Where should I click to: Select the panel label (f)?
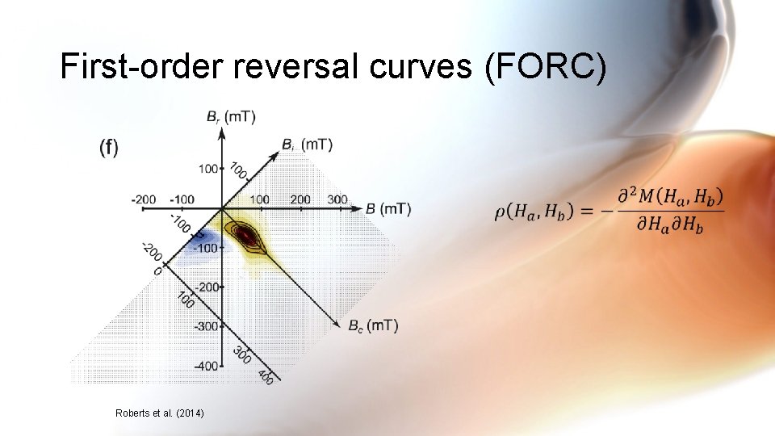click(108, 147)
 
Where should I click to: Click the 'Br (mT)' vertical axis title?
click(231, 117)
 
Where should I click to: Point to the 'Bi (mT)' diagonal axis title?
click(307, 145)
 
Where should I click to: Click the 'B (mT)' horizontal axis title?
click(387, 209)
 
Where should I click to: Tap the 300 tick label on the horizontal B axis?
click(337, 199)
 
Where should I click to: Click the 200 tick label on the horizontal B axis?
click(300, 199)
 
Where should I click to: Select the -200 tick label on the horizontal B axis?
click(146, 199)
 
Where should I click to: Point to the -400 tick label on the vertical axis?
click(205, 366)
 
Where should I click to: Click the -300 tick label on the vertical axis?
click(205, 326)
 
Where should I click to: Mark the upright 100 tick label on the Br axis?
click(208, 169)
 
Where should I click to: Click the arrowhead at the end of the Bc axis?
click(340, 325)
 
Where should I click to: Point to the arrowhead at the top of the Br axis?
click(222, 130)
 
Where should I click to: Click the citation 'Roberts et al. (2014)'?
click(160, 413)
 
